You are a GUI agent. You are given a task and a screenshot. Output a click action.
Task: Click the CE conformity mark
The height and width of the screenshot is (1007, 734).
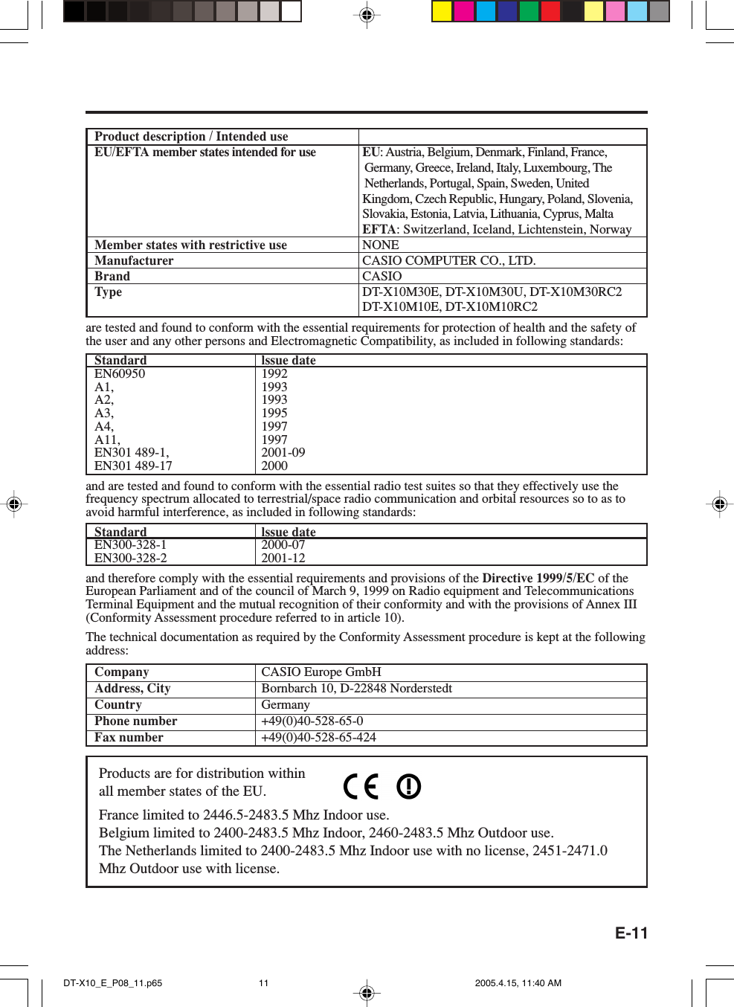[361, 786]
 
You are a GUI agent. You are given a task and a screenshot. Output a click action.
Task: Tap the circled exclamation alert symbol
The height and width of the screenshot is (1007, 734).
[408, 786]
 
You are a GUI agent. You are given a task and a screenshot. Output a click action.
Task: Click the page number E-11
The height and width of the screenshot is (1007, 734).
[631, 933]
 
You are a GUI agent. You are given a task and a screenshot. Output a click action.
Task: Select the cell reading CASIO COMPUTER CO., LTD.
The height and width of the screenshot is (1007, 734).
[448, 260]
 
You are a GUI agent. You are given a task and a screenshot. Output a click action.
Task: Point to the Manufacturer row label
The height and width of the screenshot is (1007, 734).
[134, 260]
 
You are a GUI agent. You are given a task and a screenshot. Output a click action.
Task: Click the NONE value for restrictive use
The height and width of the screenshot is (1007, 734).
[380, 245]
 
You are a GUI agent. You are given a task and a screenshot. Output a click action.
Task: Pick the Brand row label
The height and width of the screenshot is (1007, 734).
[112, 276]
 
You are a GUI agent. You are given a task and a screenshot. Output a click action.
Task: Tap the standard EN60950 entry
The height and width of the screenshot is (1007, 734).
[120, 373]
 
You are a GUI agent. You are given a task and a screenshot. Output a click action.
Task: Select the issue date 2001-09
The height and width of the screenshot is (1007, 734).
[283, 452]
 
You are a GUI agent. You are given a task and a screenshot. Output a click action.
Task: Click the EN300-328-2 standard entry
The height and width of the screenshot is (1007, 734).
[130, 558]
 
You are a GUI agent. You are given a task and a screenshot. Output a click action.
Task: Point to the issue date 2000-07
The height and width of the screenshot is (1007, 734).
[283, 544]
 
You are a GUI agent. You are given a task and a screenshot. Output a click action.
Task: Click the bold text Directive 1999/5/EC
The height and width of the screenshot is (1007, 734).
[538, 578]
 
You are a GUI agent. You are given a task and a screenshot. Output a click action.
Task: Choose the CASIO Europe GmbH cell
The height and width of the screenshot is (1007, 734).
[321, 672]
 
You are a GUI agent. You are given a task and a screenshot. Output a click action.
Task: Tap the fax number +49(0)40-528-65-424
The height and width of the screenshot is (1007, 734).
[318, 737]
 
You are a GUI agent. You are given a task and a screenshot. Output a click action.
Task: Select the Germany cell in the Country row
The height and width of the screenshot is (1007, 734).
[285, 704]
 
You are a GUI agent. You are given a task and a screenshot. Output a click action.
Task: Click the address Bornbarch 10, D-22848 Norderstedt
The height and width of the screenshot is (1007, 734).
[356, 688]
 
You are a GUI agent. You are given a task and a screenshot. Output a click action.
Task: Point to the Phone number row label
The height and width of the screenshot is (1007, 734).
[135, 721]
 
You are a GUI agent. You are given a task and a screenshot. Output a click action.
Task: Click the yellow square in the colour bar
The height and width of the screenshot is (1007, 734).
[442, 11]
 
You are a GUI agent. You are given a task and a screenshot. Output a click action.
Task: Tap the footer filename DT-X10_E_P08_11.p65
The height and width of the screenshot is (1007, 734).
[112, 982]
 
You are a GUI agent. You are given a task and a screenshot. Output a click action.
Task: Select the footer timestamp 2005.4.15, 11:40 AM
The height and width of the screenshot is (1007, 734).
[518, 982]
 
